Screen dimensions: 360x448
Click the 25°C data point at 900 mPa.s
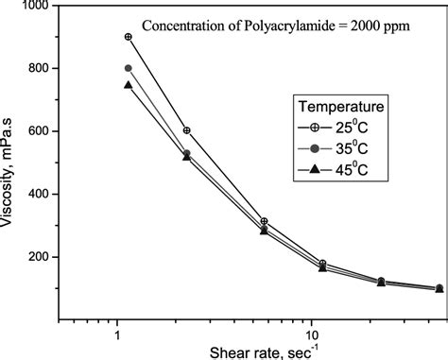(128, 37)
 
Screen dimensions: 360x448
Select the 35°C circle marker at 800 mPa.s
(128, 68)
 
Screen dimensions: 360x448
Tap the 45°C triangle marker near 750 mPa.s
(128, 85)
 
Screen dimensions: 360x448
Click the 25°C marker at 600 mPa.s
(186, 130)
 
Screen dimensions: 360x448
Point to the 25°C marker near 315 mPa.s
(265, 221)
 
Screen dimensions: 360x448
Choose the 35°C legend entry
(351, 148)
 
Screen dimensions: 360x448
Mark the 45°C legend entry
(351, 168)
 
